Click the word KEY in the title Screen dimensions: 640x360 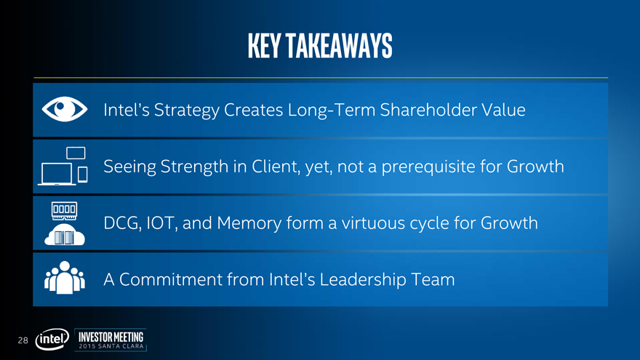[264, 46]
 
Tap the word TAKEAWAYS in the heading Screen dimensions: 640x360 [339, 46]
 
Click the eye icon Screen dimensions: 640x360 [65, 109]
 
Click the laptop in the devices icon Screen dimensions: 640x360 [57, 174]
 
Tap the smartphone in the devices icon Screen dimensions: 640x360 [83, 175]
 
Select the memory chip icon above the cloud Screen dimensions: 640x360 [65, 211]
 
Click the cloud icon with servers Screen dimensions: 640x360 [65, 235]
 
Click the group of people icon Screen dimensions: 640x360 [65, 278]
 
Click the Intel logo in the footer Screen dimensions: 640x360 [52, 339]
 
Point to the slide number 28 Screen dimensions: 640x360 [23, 340]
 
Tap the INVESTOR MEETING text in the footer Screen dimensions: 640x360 [111, 337]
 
